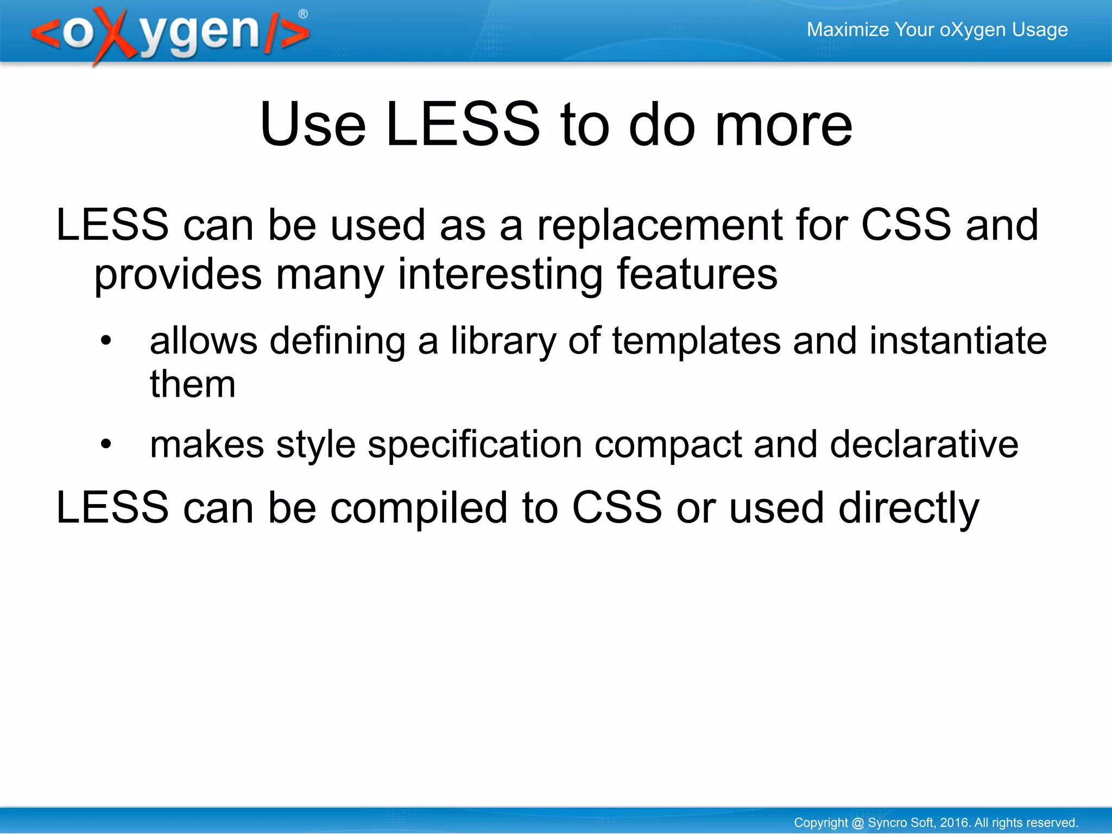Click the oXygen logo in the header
pyautogui.click(x=168, y=34)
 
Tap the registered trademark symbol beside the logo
pyautogui.click(x=303, y=14)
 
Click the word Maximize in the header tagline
pyautogui.click(x=847, y=29)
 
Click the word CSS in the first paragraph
pyautogui.click(x=906, y=225)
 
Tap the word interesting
pyautogui.click(x=500, y=275)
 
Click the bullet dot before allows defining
pyautogui.click(x=106, y=341)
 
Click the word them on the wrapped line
pyautogui.click(x=193, y=384)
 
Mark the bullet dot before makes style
pyautogui.click(x=106, y=444)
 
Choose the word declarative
pyautogui.click(x=924, y=444)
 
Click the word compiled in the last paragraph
pyautogui.click(x=419, y=508)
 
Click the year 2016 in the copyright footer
pyautogui.click(x=955, y=823)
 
